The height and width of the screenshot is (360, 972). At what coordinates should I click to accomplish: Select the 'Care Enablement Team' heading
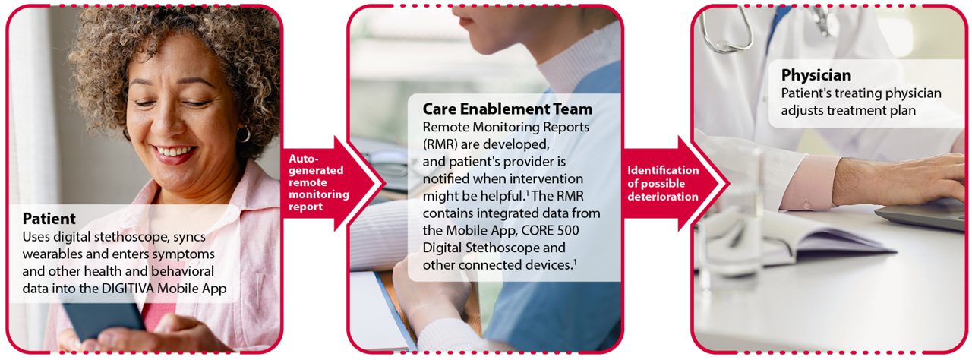[507, 109]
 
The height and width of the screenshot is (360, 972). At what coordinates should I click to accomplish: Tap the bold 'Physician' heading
[816, 75]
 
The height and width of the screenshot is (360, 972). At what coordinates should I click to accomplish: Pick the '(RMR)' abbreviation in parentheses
[441, 144]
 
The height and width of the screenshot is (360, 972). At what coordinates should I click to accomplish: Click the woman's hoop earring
[243, 134]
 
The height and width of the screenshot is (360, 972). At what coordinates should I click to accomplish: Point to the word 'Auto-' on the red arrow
[301, 158]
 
